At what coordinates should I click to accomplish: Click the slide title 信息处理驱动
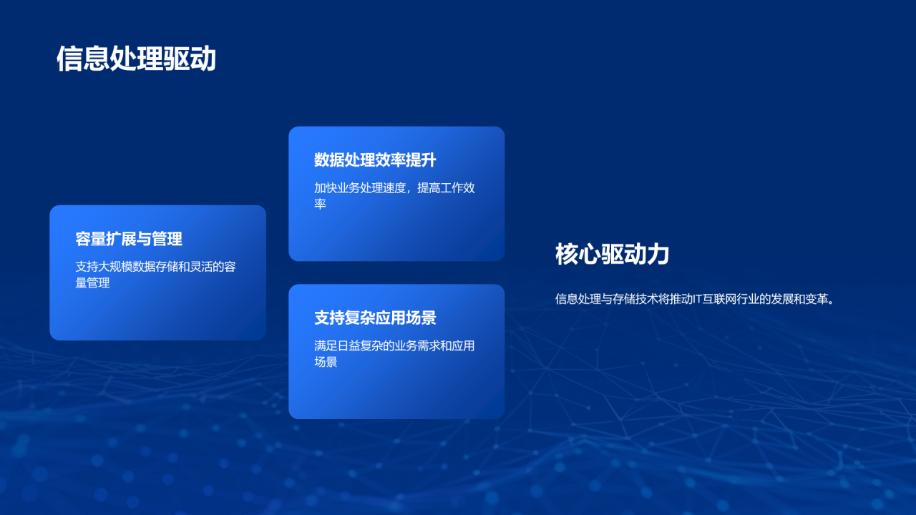pos(136,59)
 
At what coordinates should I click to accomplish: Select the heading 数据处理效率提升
pos(375,160)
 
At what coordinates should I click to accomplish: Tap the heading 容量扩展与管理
pos(129,239)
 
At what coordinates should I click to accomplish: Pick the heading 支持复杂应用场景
pos(375,318)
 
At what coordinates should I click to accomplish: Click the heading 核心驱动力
pos(612,254)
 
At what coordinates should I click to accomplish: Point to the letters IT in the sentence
pos(699,299)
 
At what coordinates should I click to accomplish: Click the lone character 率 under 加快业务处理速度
pos(320,205)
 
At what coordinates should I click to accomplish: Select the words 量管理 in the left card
pos(93,283)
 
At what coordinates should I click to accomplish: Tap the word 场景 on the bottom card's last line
pos(326,362)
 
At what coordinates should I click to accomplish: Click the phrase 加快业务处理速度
pos(360,188)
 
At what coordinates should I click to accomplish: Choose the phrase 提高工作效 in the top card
pos(447,188)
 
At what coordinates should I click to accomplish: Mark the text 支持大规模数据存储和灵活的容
pos(155,267)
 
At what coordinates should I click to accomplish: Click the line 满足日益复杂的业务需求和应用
pos(394,346)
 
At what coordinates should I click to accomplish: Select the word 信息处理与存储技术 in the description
pos(607,299)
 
